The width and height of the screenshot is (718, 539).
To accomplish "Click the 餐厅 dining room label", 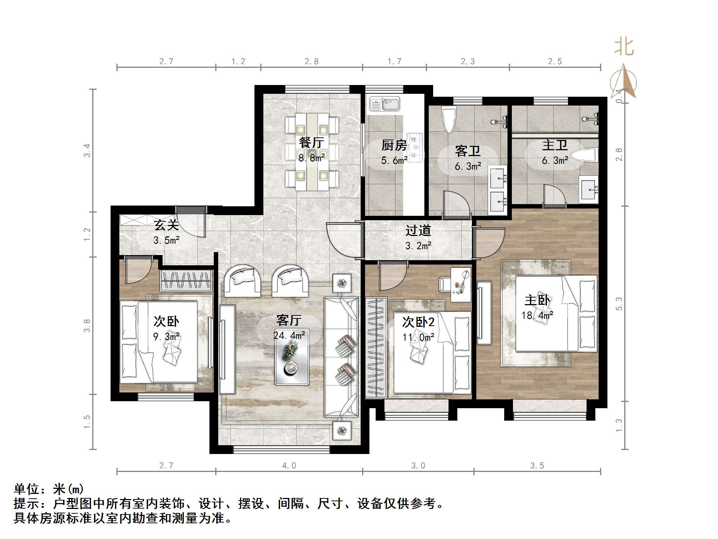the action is coord(311,143).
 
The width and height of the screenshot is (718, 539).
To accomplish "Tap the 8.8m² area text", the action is coord(312,158).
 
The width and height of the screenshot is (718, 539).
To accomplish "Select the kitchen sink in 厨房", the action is coord(384,104).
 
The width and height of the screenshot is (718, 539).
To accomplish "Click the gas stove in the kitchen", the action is coord(415,148).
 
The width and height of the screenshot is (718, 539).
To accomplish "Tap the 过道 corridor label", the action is coord(418,230).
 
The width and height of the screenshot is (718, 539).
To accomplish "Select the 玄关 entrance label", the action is coord(166,225).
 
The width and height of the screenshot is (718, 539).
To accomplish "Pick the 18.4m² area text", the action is coord(537,315).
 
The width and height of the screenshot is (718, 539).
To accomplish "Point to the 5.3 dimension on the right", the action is coord(619,304).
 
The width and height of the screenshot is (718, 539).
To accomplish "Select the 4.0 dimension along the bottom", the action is coord(289,466).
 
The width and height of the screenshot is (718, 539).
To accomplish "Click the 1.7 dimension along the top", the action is coord(394,62).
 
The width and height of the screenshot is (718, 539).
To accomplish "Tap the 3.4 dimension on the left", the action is coord(87,151).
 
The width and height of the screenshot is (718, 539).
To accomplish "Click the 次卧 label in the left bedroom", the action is coord(166,321).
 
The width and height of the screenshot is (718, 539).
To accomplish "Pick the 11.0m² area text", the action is coord(418,337).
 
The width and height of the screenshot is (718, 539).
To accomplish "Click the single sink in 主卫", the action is coord(588,189).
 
